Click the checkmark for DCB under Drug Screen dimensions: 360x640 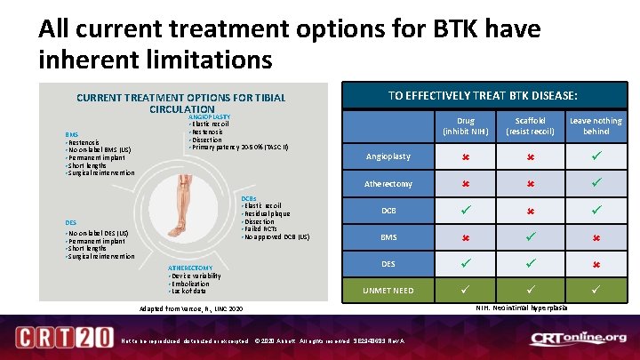(465, 211)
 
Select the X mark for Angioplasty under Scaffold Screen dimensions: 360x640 (531, 156)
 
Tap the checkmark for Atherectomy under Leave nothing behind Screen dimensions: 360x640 (596, 183)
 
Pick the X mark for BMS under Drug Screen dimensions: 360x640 (465, 237)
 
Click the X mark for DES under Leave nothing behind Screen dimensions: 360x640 (596, 264)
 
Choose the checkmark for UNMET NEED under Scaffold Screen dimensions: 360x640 (531, 291)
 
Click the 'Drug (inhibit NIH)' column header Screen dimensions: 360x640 (465, 125)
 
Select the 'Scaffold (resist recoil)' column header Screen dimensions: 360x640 (531, 125)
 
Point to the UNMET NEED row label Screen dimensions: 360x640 (388, 291)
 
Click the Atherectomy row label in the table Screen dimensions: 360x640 (388, 184)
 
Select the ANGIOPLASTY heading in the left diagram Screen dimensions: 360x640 (209, 116)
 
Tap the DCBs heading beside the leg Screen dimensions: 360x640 (249, 198)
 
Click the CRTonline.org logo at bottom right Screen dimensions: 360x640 (578, 339)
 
